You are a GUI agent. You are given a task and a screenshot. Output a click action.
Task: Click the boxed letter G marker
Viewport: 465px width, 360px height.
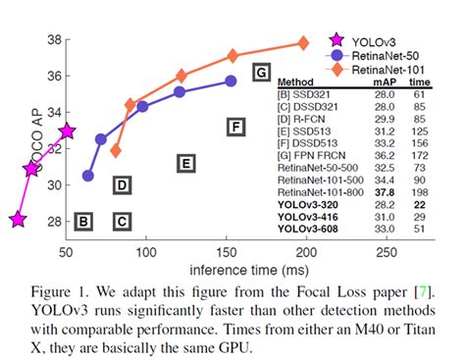(x=260, y=73)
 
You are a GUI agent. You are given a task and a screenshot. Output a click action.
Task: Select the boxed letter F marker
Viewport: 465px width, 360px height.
(x=234, y=126)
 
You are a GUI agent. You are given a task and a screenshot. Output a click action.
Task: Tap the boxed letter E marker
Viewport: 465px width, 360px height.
(x=184, y=163)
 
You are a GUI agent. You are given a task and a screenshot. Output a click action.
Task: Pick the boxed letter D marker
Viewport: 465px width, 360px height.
(x=122, y=184)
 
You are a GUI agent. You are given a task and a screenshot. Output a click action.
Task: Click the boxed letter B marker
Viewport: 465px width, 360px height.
(x=84, y=222)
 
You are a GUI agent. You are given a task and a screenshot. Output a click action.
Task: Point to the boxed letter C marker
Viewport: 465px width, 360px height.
(x=122, y=222)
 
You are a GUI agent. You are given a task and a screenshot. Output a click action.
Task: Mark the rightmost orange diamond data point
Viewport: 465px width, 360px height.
(x=304, y=43)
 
